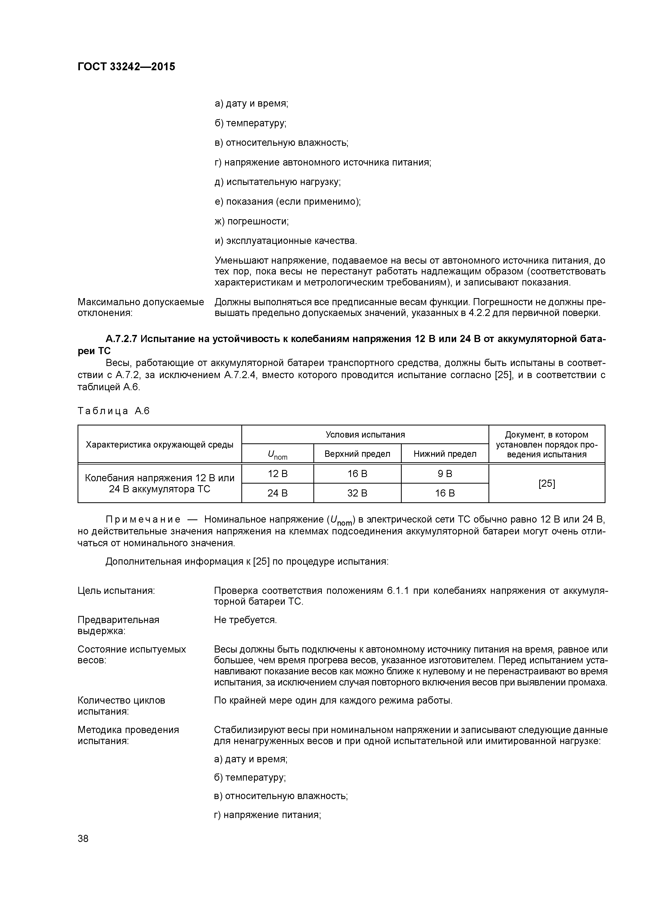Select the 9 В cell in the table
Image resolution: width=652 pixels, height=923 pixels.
point(445,474)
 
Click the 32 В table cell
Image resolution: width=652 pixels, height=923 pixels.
point(357,493)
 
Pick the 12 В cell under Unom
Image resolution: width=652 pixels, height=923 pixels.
point(278,474)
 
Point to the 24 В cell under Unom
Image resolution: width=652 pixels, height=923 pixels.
point(278,493)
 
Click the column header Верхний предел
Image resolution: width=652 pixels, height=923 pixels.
point(357,454)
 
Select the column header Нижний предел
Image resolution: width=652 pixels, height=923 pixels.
point(445,454)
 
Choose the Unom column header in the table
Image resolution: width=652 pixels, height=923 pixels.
point(278,455)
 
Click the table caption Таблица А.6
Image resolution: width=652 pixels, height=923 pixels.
point(113,411)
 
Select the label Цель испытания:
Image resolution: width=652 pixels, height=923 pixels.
point(116,591)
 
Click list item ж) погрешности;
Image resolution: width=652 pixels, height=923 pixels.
point(252,222)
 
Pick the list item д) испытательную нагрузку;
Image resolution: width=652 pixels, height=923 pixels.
point(278,182)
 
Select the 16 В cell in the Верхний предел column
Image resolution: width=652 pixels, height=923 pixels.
point(357,474)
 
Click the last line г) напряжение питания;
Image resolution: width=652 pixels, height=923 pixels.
point(268,815)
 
